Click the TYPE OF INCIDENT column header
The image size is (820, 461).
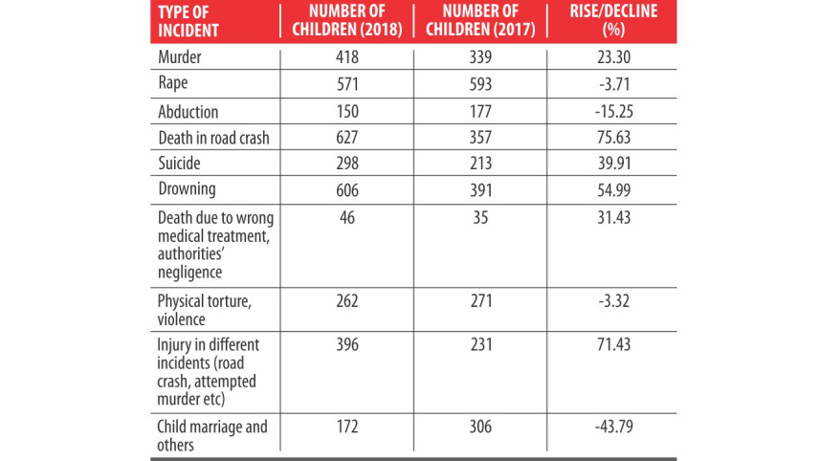pos(189,21)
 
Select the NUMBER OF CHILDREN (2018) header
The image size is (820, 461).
pos(347,21)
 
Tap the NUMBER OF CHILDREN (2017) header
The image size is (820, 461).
pos(480,21)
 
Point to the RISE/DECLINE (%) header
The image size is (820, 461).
pos(614,21)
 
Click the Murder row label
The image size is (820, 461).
pos(182,57)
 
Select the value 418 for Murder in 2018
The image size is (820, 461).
pos(347,57)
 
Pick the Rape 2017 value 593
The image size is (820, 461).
pos(480,83)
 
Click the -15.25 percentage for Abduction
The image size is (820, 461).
pos(614,110)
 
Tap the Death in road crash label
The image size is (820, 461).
pos(213,137)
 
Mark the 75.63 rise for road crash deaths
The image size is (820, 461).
pos(614,137)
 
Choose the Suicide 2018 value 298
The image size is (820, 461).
pos(347,163)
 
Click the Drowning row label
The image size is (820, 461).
pos(187,189)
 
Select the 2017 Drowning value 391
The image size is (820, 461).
pos(480,189)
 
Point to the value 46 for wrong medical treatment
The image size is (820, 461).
pos(347,217)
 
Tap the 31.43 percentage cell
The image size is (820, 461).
pos(614,217)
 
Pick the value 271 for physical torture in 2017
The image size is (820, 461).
pos(480,301)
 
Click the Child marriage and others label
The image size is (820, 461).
pos(212,435)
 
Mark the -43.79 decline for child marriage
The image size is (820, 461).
pos(614,427)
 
